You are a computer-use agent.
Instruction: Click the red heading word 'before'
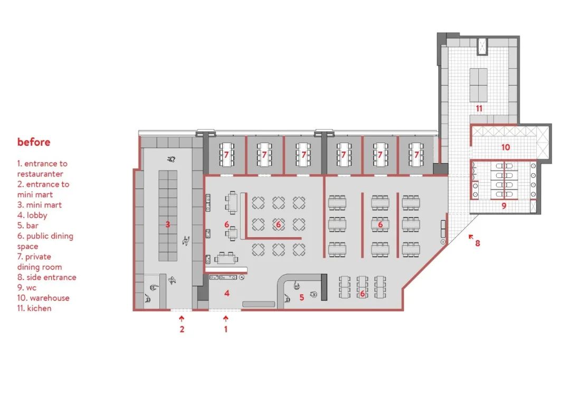coord(34,142)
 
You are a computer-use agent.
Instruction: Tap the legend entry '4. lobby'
coord(32,215)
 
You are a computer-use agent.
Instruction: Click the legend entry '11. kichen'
coord(34,308)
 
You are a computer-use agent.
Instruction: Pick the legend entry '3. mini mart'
coord(39,205)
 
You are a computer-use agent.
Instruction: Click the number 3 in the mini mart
coord(168,224)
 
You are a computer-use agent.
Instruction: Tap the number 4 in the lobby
coord(227,293)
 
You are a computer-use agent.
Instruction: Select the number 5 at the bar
coord(302,297)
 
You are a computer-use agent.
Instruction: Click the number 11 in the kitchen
coord(479,108)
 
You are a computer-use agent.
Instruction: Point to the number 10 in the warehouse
coord(505,147)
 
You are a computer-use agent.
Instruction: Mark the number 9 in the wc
coord(504,206)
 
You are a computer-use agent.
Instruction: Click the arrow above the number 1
coord(226,318)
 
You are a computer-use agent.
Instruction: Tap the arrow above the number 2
coord(182,318)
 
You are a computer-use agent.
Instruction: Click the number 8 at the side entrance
coord(478,243)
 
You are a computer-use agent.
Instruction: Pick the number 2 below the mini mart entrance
coord(182,330)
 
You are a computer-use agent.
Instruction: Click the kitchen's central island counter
coord(479,85)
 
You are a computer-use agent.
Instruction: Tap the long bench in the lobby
coord(259,304)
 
